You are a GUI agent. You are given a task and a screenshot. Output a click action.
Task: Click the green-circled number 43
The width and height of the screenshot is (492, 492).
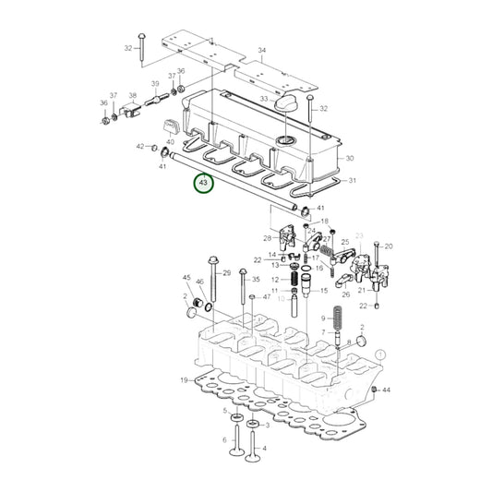203,185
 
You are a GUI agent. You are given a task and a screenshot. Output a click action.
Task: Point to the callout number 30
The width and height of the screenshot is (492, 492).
350,159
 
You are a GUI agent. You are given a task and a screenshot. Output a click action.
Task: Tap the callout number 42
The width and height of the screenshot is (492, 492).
140,147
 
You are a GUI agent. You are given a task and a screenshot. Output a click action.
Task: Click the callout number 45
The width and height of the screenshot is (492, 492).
186,278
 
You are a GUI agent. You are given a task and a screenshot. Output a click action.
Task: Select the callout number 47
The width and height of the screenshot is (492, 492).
267,297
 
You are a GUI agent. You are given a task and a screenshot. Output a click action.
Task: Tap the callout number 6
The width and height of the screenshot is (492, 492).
224,440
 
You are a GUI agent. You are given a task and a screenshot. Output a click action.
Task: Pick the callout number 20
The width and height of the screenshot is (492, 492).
389,246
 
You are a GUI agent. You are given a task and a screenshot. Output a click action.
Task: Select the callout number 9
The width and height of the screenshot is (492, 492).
324,318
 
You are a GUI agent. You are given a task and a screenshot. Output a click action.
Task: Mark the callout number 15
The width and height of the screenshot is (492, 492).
323,291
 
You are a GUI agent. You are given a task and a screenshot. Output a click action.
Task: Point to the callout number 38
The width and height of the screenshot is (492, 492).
133,96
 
